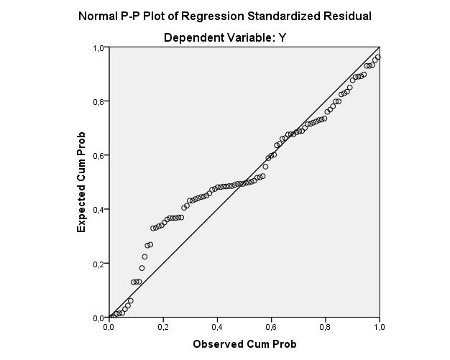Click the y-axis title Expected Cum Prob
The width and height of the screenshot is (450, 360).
[x=82, y=181]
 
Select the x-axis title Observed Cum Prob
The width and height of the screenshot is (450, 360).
[x=244, y=344]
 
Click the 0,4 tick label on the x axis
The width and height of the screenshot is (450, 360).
[x=216, y=328]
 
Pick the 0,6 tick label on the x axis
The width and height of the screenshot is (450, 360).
[x=270, y=328]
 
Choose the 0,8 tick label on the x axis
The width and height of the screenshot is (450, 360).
[x=324, y=328]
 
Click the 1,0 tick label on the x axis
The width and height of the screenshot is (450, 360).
[x=378, y=328]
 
